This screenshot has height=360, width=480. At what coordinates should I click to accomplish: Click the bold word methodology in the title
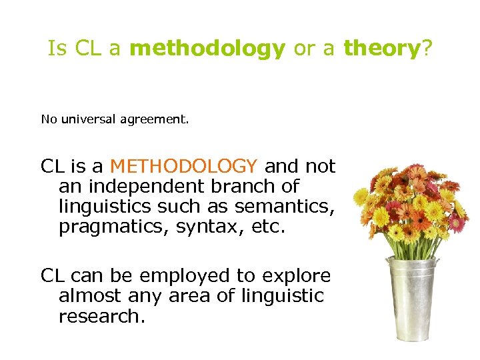[x=207, y=49]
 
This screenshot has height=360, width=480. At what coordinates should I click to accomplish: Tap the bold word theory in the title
[x=379, y=49]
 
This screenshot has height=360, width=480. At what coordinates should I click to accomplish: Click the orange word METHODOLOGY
[x=183, y=165]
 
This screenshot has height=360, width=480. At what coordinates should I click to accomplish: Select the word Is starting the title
[x=57, y=49]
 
